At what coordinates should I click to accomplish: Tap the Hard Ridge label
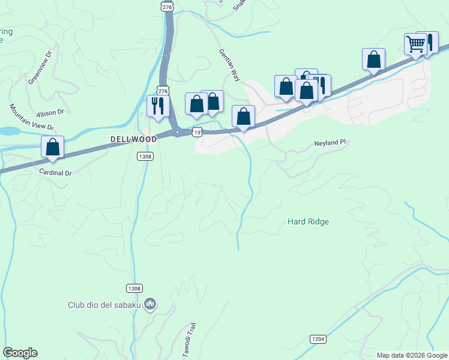click(x=308, y=221)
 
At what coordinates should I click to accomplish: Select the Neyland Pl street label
click(x=331, y=143)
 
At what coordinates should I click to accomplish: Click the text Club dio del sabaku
click(x=104, y=305)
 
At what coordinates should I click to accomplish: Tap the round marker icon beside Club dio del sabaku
click(x=151, y=305)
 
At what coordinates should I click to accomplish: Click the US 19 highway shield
click(x=196, y=131)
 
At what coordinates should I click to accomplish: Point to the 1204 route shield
click(x=319, y=339)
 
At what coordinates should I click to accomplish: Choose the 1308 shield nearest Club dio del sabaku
click(x=134, y=289)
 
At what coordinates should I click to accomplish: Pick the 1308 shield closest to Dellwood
click(x=145, y=156)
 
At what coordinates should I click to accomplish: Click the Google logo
click(x=20, y=353)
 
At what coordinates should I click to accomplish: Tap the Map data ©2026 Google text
click(x=412, y=355)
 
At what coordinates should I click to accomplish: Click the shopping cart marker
click(x=415, y=44)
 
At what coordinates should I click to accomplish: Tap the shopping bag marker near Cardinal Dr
click(x=53, y=146)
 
